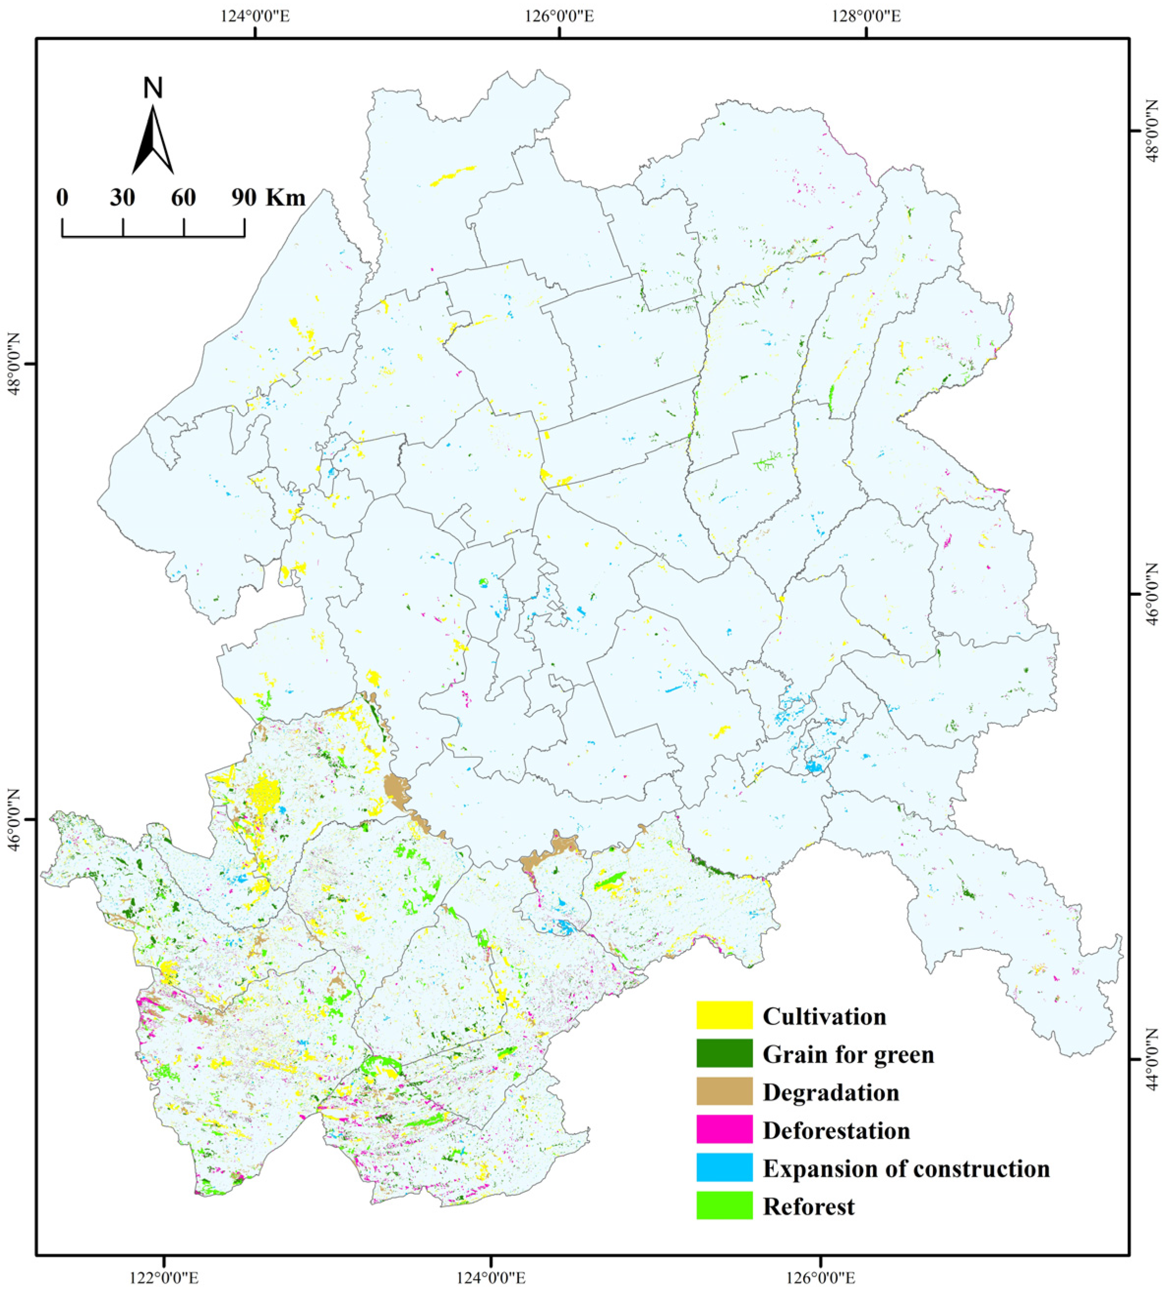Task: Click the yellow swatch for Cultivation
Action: click(x=724, y=1015)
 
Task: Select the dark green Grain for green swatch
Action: click(x=724, y=1054)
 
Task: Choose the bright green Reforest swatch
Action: click(x=724, y=1206)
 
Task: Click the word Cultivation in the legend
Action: click(x=824, y=1016)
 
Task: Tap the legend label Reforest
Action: click(x=808, y=1206)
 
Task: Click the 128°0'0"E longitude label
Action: click(x=866, y=16)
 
